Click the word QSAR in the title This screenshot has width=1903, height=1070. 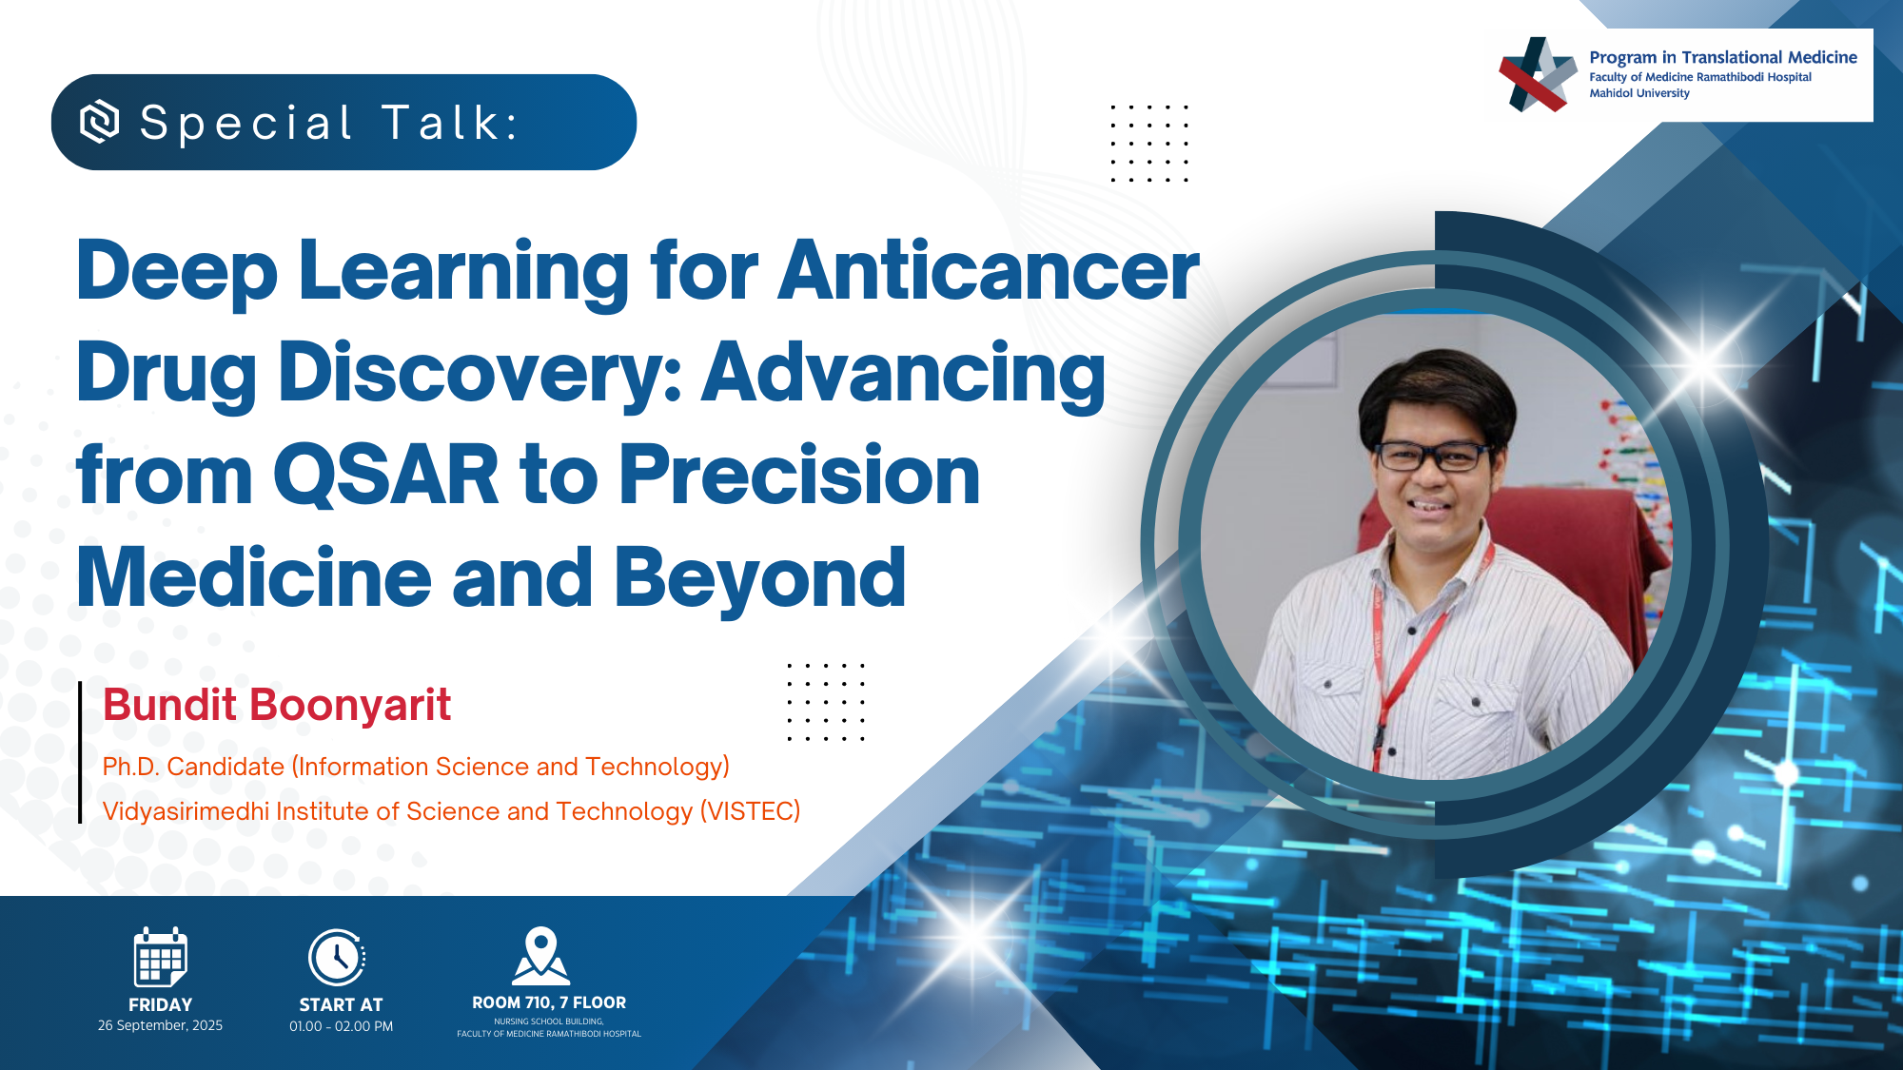386,475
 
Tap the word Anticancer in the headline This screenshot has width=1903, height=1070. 989,271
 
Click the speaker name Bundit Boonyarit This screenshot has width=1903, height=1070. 277,706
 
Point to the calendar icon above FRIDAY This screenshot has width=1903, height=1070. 160,957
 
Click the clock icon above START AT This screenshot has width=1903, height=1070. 338,957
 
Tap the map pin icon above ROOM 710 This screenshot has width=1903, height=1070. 541,956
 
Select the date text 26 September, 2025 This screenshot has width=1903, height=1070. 160,1025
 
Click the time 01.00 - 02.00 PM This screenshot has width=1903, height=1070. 341,1026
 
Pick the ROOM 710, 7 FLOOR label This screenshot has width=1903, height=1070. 549,1002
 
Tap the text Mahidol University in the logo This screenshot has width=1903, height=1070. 1639,93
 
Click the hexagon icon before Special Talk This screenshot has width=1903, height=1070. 100,122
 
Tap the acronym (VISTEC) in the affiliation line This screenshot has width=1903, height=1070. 751,811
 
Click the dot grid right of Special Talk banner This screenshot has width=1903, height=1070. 1149,143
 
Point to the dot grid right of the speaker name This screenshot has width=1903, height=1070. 826,702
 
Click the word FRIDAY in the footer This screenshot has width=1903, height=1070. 160,1004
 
